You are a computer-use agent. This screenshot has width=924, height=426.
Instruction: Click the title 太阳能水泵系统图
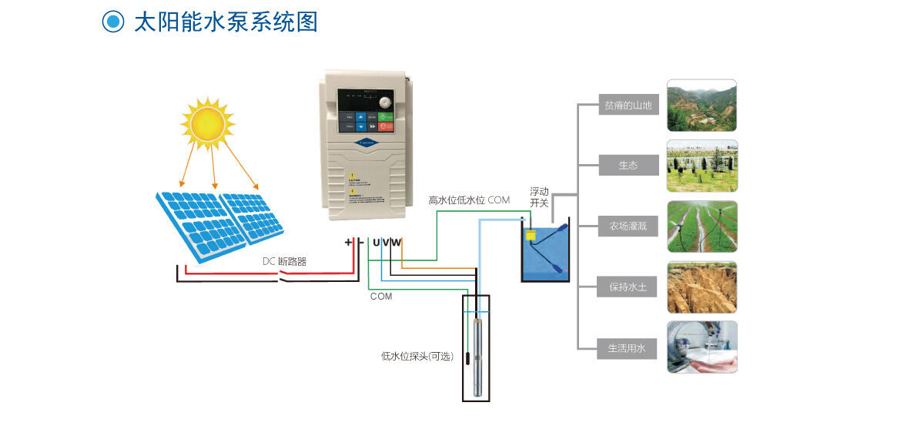[226, 22]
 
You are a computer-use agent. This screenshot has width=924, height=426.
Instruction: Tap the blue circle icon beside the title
[113, 22]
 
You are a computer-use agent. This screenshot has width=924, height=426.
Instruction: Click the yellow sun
[207, 122]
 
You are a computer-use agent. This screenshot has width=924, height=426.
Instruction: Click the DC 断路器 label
[284, 262]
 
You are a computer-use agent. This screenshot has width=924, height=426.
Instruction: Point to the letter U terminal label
[377, 243]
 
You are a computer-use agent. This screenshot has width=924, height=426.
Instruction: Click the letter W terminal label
[397, 243]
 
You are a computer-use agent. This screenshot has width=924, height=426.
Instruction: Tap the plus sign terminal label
[348, 242]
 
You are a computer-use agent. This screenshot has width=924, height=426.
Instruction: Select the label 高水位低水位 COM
[469, 200]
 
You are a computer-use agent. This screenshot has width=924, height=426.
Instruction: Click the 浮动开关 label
[539, 197]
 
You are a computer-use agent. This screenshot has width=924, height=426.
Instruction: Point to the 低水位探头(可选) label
[417, 357]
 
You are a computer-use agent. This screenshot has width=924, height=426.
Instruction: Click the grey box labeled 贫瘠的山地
[628, 106]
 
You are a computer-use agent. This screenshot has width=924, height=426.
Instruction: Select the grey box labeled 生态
[628, 166]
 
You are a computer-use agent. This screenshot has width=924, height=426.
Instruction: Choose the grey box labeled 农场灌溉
[628, 226]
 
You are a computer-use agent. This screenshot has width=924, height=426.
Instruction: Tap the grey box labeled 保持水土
[628, 287]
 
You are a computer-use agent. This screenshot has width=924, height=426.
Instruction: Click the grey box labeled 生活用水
[628, 348]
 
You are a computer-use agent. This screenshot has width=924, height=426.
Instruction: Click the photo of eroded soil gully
[701, 287]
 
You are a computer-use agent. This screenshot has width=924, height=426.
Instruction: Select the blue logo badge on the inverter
[366, 142]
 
